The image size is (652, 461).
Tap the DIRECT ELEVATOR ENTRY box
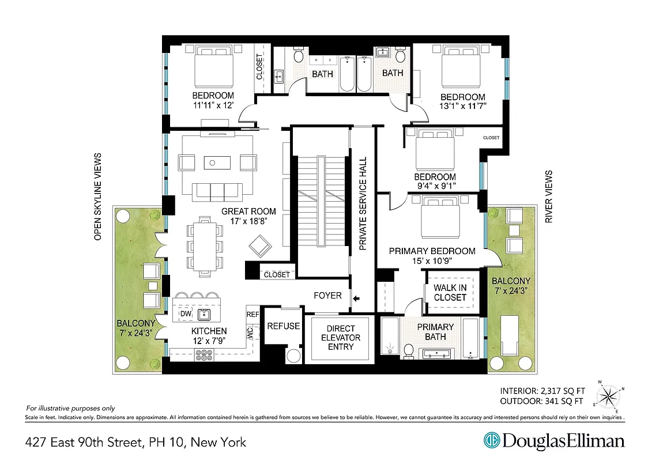click(341, 338)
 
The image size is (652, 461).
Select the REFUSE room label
click(283, 326)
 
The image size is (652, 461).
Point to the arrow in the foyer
click(356, 298)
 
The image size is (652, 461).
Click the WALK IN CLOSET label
click(450, 293)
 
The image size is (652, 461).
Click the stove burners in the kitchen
click(205, 354)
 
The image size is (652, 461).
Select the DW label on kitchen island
click(186, 313)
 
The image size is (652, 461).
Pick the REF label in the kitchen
click(252, 315)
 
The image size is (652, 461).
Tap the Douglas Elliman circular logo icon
click(492, 441)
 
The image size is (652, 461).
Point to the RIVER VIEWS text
click(549, 197)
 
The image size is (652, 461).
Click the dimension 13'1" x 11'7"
click(463, 106)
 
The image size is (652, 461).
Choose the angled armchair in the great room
click(261, 247)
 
